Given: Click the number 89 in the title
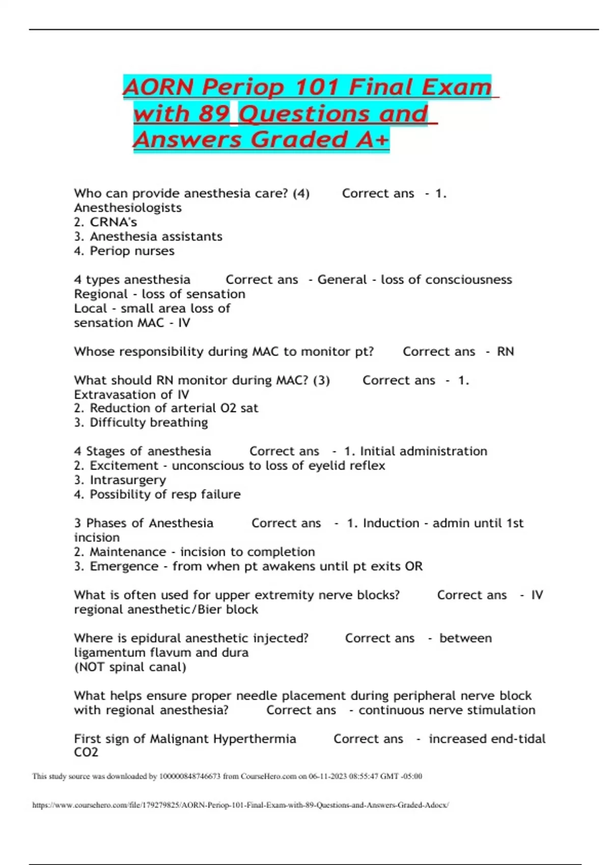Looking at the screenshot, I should [213, 113].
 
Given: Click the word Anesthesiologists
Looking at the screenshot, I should [128, 208].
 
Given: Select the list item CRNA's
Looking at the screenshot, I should [113, 222].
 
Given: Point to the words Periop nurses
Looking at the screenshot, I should [132, 251].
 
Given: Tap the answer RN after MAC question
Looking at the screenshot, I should [505, 352].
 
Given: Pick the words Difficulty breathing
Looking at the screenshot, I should [149, 422].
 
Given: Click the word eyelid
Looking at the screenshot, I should [327, 466].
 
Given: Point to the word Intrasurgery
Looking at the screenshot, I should [128, 480].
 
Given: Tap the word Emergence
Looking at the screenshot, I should [124, 566].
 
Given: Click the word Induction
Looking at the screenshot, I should [391, 523].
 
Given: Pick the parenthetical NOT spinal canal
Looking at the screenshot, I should [130, 667].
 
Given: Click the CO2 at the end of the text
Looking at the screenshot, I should [86, 753].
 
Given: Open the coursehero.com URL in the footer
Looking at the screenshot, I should [240, 805].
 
